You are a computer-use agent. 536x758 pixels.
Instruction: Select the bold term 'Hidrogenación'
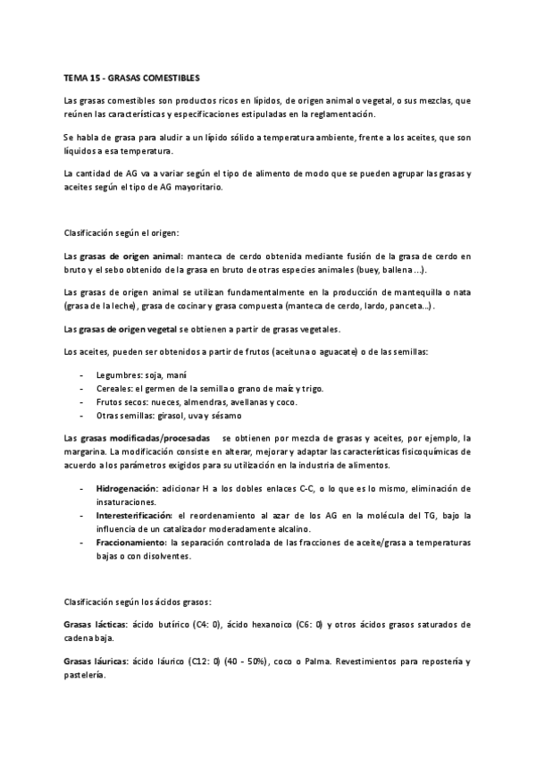[126, 489]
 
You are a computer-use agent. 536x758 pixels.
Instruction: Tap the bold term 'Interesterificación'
[135, 517]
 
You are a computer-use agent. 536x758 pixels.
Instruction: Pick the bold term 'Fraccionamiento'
[130, 543]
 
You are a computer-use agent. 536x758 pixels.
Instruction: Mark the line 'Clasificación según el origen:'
[121, 232]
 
